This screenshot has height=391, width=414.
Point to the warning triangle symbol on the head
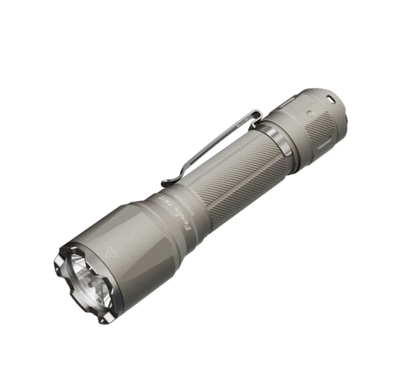108,250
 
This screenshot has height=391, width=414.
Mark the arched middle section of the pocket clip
209,135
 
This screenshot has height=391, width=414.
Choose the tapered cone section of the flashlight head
147,232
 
